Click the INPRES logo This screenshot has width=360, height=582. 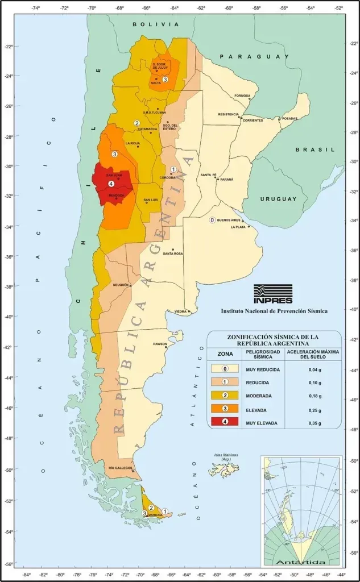coord(273,294)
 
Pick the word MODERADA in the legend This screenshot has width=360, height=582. coord(258,396)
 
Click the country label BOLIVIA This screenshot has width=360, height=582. coord(155,25)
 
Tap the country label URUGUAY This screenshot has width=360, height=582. coord(278,199)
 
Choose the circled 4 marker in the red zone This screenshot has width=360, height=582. coord(110,184)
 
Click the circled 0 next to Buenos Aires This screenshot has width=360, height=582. coord(212,220)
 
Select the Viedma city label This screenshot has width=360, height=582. coord(181,311)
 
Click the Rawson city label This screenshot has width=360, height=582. coord(160,344)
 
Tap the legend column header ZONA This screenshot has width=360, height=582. coord(225,353)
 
